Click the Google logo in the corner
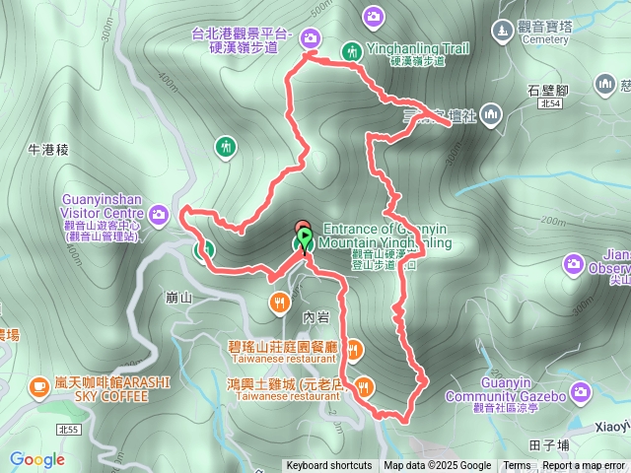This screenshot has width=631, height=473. tap(37, 459)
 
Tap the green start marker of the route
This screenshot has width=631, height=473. tap(305, 238)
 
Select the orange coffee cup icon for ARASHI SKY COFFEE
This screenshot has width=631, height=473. tap(39, 384)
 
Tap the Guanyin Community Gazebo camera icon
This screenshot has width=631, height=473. tap(581, 394)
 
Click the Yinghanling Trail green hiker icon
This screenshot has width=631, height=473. tap(351, 51)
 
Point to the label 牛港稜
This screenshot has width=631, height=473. tap(47, 150)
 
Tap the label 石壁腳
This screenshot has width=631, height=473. tap(548, 90)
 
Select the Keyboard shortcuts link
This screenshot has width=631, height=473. tap(329, 466)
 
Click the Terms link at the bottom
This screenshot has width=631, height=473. tap(517, 466)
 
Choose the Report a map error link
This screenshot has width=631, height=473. tap(584, 466)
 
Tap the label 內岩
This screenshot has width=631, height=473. tap(315, 318)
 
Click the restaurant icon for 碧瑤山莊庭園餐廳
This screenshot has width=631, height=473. tap(354, 348)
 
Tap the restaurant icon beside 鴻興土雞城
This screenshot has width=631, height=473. tap(366, 384)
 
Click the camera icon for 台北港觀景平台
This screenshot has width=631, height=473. tap(312, 37)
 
